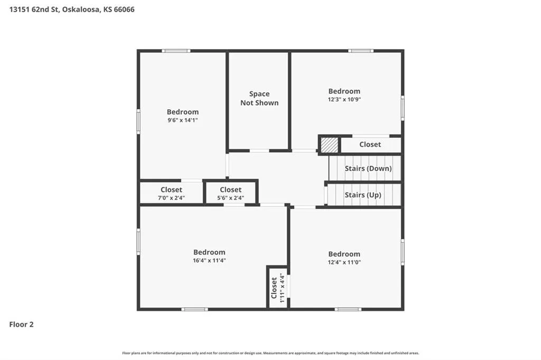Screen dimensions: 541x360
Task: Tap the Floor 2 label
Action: pyautogui.click(x=21, y=324)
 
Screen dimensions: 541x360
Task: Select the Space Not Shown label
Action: pyautogui.click(x=259, y=98)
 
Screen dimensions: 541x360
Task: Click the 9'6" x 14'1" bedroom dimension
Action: pyautogui.click(x=183, y=120)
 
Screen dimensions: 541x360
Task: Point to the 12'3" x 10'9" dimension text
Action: pyautogui.click(x=344, y=99)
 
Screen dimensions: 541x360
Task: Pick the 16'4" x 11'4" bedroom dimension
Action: pyautogui.click(x=209, y=260)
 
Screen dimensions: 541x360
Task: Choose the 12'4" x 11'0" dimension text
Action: pyautogui.click(x=344, y=262)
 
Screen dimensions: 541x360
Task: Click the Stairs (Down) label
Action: pyautogui.click(x=368, y=168)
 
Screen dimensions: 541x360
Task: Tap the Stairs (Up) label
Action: pyautogui.click(x=363, y=195)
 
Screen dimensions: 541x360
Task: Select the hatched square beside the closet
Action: pyautogui.click(x=330, y=145)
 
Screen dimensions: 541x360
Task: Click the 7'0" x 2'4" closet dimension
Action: pyautogui.click(x=172, y=198)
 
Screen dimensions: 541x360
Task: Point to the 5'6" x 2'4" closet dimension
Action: pyautogui.click(x=231, y=198)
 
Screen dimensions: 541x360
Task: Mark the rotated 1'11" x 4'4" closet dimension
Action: pyautogui.click(x=282, y=288)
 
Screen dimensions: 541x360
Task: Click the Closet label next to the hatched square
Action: pyautogui.click(x=370, y=145)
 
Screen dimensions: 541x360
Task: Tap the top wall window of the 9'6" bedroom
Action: pyautogui.click(x=176, y=51)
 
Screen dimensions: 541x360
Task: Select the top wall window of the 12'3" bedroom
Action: pyautogui.click(x=360, y=51)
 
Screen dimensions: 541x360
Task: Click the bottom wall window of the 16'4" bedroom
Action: pyautogui.click(x=194, y=309)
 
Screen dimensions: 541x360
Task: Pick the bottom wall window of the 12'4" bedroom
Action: pyautogui.click(x=348, y=309)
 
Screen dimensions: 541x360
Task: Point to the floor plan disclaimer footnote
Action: pyautogui.click(x=270, y=353)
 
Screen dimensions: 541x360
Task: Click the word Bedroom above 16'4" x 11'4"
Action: pyautogui.click(x=209, y=252)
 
